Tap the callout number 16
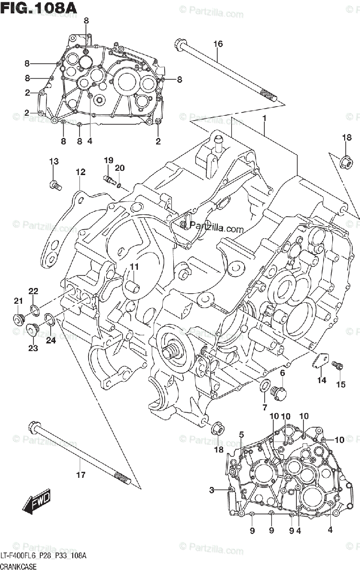[218, 44]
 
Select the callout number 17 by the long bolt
[80, 475]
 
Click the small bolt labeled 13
[56, 184]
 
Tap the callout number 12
[79, 172]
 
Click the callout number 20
[120, 167]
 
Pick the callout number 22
[33, 291]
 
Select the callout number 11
[134, 267]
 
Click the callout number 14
[321, 380]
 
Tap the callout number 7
[264, 407]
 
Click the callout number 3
[211, 489]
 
